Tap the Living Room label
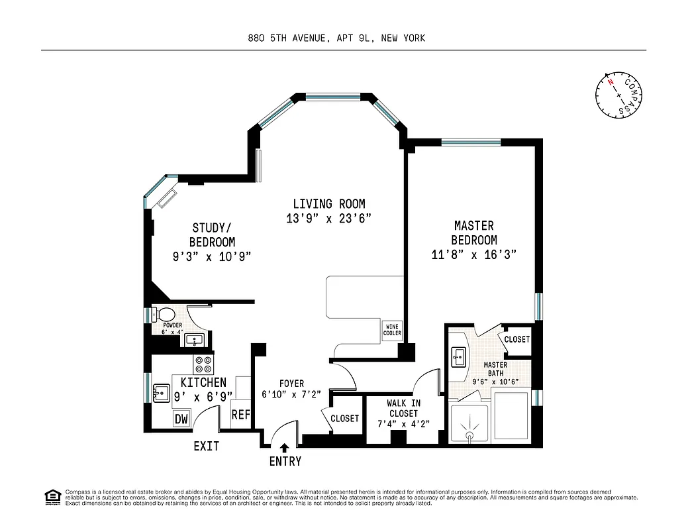329,204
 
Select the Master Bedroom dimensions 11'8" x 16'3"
474,254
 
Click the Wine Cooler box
392,330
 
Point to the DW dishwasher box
180,419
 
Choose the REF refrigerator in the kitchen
240,415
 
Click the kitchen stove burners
203,364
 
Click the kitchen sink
162,393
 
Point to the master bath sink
458,357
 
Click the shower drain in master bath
469,435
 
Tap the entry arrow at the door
285,449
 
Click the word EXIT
206,447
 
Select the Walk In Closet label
403,408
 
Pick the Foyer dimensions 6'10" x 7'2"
291,394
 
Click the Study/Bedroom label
212,236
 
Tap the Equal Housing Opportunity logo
51,496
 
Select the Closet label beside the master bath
516,339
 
